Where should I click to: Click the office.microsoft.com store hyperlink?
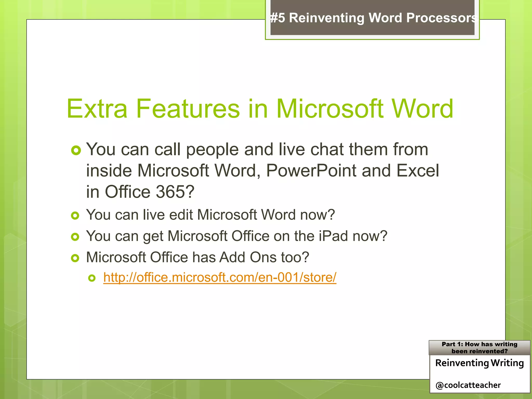pos(220,277)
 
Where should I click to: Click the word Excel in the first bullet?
pos(417,171)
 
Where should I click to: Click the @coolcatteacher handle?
pos(468,385)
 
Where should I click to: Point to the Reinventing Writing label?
pos(479,363)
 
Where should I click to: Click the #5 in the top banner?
pos(277,18)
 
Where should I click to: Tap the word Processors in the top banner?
pos(441,18)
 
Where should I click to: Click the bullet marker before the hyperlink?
pos(92,278)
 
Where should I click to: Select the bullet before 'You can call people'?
pos(76,150)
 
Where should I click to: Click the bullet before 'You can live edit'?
pos(75,216)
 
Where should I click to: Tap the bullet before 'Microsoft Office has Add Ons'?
pos(75,258)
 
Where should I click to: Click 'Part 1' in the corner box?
pos(452,344)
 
